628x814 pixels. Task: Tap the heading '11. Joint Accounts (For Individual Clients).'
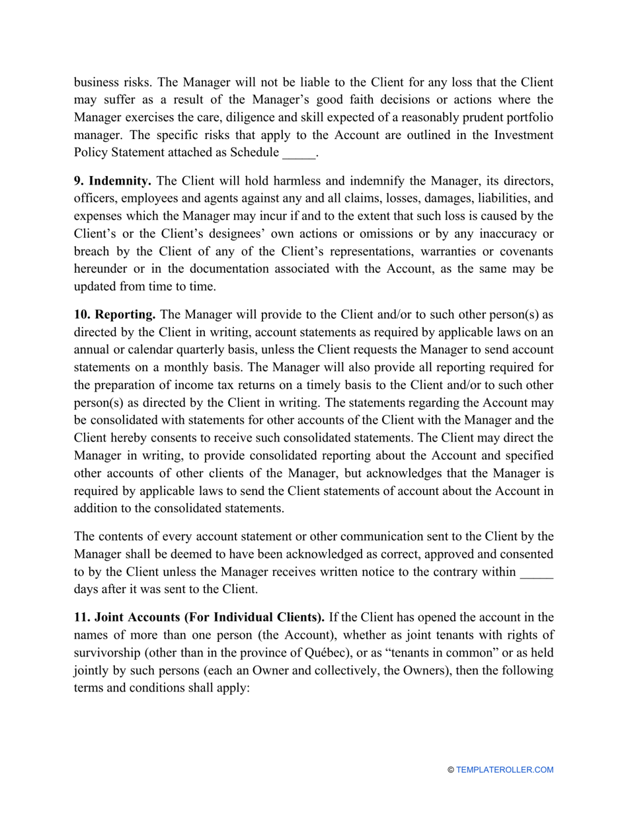click(198, 617)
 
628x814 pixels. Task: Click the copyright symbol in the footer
click(451, 770)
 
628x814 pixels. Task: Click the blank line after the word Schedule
click(299, 153)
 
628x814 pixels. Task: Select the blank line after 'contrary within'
click(536, 572)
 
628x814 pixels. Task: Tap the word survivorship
click(106, 653)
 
